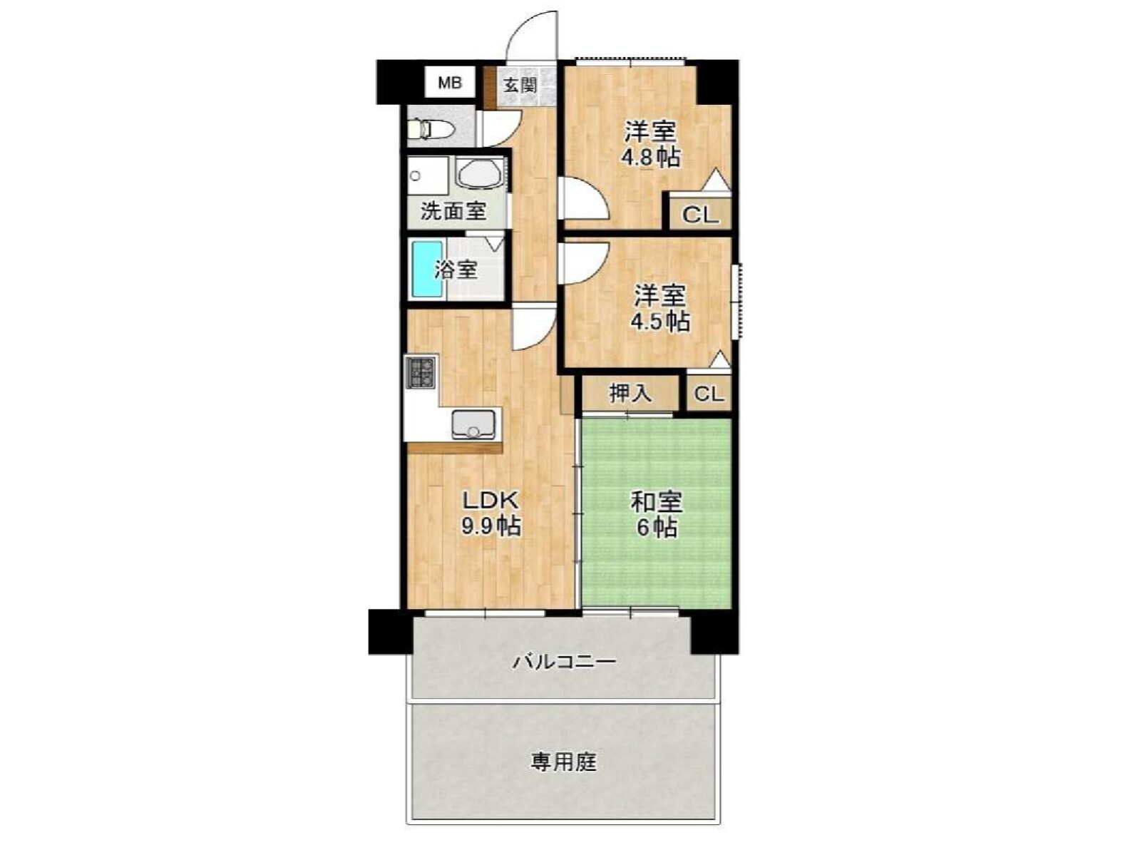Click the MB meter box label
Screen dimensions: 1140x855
coord(449,83)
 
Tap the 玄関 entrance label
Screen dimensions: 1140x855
coord(519,85)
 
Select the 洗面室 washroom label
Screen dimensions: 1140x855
coord(453,211)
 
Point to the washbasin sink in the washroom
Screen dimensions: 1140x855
coord(479,172)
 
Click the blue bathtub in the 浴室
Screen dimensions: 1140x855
coord(427,270)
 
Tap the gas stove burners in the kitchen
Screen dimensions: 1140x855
coord(421,372)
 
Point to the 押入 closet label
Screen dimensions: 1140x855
coord(630,393)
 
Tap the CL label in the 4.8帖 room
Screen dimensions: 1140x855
coord(700,214)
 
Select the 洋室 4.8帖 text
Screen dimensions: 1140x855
coord(650,144)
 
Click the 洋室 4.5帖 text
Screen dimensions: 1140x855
coord(660,308)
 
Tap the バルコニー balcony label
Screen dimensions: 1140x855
coord(565,662)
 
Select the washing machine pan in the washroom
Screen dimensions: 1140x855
coord(428,176)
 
